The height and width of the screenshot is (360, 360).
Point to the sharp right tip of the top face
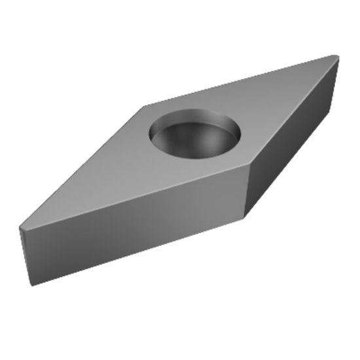coord(337,57)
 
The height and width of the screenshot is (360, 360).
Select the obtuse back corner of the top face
coord(145,105)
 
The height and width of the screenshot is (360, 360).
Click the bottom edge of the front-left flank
coord(137,251)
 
